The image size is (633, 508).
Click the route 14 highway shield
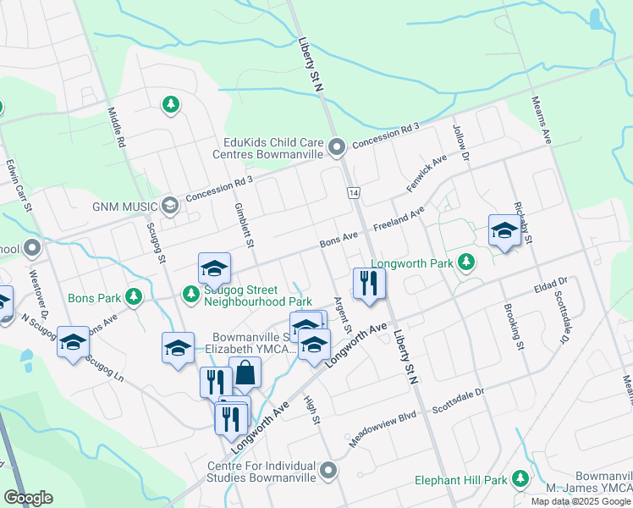352,194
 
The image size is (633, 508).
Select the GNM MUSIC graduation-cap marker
170,206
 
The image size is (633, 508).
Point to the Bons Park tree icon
133,297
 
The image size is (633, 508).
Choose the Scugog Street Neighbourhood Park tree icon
191,294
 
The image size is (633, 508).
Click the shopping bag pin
245,373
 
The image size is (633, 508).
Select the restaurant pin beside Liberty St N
368,283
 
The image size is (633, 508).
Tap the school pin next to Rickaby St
504,230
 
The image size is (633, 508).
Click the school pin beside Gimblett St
215,268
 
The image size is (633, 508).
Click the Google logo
28,498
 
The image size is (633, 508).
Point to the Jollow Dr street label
460,139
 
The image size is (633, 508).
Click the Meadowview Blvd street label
384,435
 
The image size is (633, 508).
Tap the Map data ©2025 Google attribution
581,501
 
